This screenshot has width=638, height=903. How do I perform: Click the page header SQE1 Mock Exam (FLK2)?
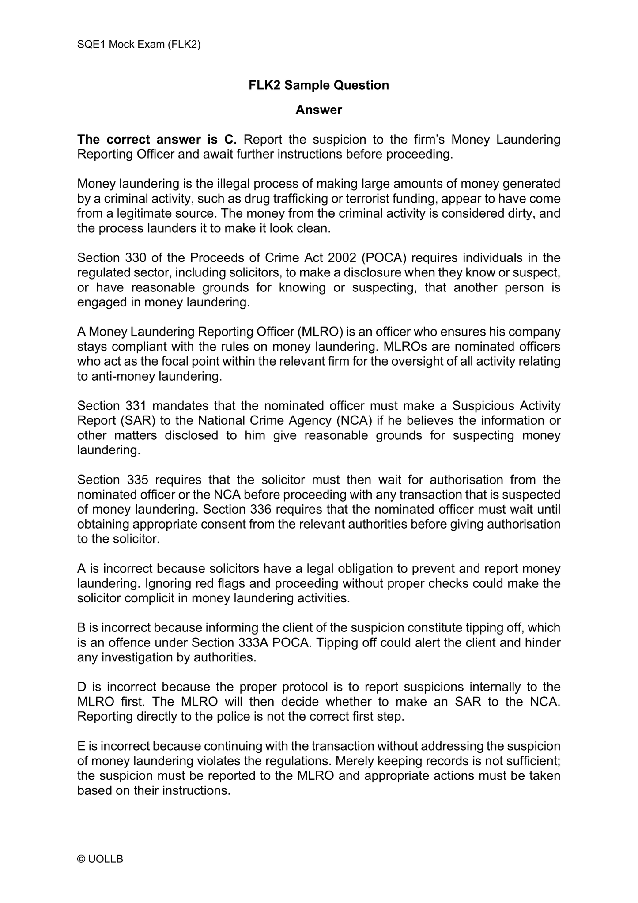(139, 44)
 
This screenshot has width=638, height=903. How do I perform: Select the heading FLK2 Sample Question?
(319, 85)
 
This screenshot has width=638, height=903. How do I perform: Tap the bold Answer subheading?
(319, 110)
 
